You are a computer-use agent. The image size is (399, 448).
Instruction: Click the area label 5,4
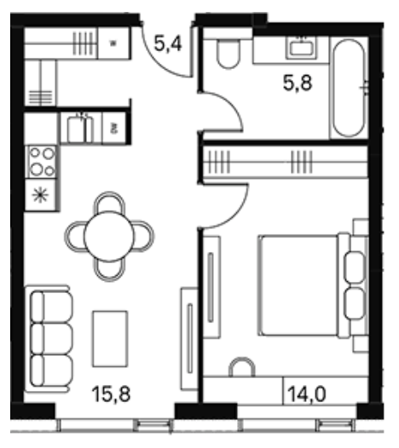[x=168, y=44]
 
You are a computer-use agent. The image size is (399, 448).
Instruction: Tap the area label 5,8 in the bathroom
[x=298, y=83]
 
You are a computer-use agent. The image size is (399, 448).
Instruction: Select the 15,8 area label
[x=112, y=394]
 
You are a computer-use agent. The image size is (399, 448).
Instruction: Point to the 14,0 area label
[x=307, y=394]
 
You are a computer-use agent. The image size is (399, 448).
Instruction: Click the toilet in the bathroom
[x=228, y=54]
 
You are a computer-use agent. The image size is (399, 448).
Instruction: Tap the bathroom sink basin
[x=302, y=48]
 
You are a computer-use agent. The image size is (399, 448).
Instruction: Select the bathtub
[x=350, y=89]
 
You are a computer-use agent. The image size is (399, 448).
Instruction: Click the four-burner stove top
[x=42, y=162]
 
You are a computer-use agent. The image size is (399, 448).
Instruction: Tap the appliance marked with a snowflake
[x=40, y=195]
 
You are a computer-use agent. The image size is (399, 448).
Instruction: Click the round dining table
[x=109, y=236]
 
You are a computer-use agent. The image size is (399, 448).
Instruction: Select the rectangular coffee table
[x=110, y=339]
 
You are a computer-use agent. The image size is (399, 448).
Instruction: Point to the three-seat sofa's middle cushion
[x=51, y=339]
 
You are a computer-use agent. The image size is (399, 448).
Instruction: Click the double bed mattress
[x=298, y=285]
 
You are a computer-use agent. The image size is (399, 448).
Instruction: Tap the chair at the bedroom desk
[x=242, y=367]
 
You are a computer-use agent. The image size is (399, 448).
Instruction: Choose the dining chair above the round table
[x=109, y=202]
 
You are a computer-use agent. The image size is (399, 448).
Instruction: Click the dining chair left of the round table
[x=75, y=237]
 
